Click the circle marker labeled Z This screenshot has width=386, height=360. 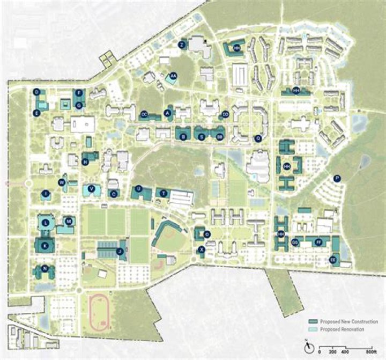click(x=182, y=45)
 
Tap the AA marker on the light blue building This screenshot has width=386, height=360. click(x=174, y=76)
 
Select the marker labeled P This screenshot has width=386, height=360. click(x=337, y=179)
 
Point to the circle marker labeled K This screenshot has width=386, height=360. click(x=45, y=245)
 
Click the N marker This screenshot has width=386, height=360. click(x=45, y=268)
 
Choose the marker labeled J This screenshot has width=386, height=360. click(x=120, y=251)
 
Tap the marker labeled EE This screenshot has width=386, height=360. click(x=333, y=260)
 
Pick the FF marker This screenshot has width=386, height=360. click(x=318, y=243)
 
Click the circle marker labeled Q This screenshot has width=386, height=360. click(x=258, y=138)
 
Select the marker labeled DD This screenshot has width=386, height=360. click(x=226, y=114)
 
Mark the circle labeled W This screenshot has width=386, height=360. click(x=62, y=183)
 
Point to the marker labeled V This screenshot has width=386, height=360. click(x=92, y=188)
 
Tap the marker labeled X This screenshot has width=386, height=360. click(x=202, y=249)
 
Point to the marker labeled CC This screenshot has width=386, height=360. click(x=144, y=115)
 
